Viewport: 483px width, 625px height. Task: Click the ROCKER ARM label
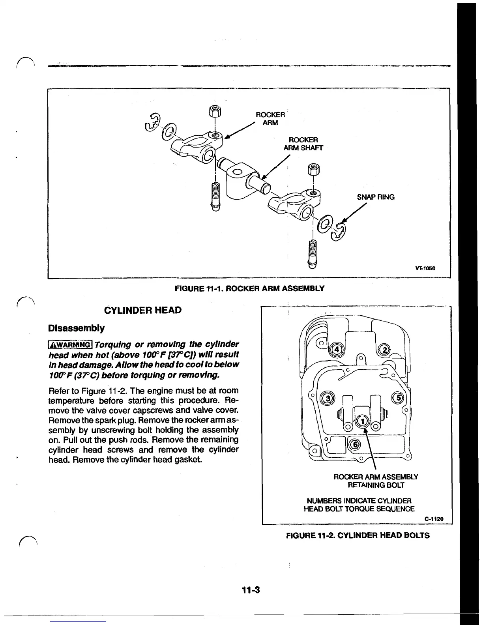coord(270,118)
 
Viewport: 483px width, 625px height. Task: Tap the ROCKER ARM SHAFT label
coord(303,144)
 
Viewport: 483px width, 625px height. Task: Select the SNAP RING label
coord(375,197)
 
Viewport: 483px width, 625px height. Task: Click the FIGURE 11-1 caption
coord(249,288)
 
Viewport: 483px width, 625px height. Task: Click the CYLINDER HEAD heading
coord(142,310)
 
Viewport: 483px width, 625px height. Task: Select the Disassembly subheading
coord(76,328)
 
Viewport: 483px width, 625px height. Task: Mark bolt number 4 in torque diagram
coord(337,350)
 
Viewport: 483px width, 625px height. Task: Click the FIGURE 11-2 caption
coord(358,535)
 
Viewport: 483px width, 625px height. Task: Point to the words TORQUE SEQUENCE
coord(385,509)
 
